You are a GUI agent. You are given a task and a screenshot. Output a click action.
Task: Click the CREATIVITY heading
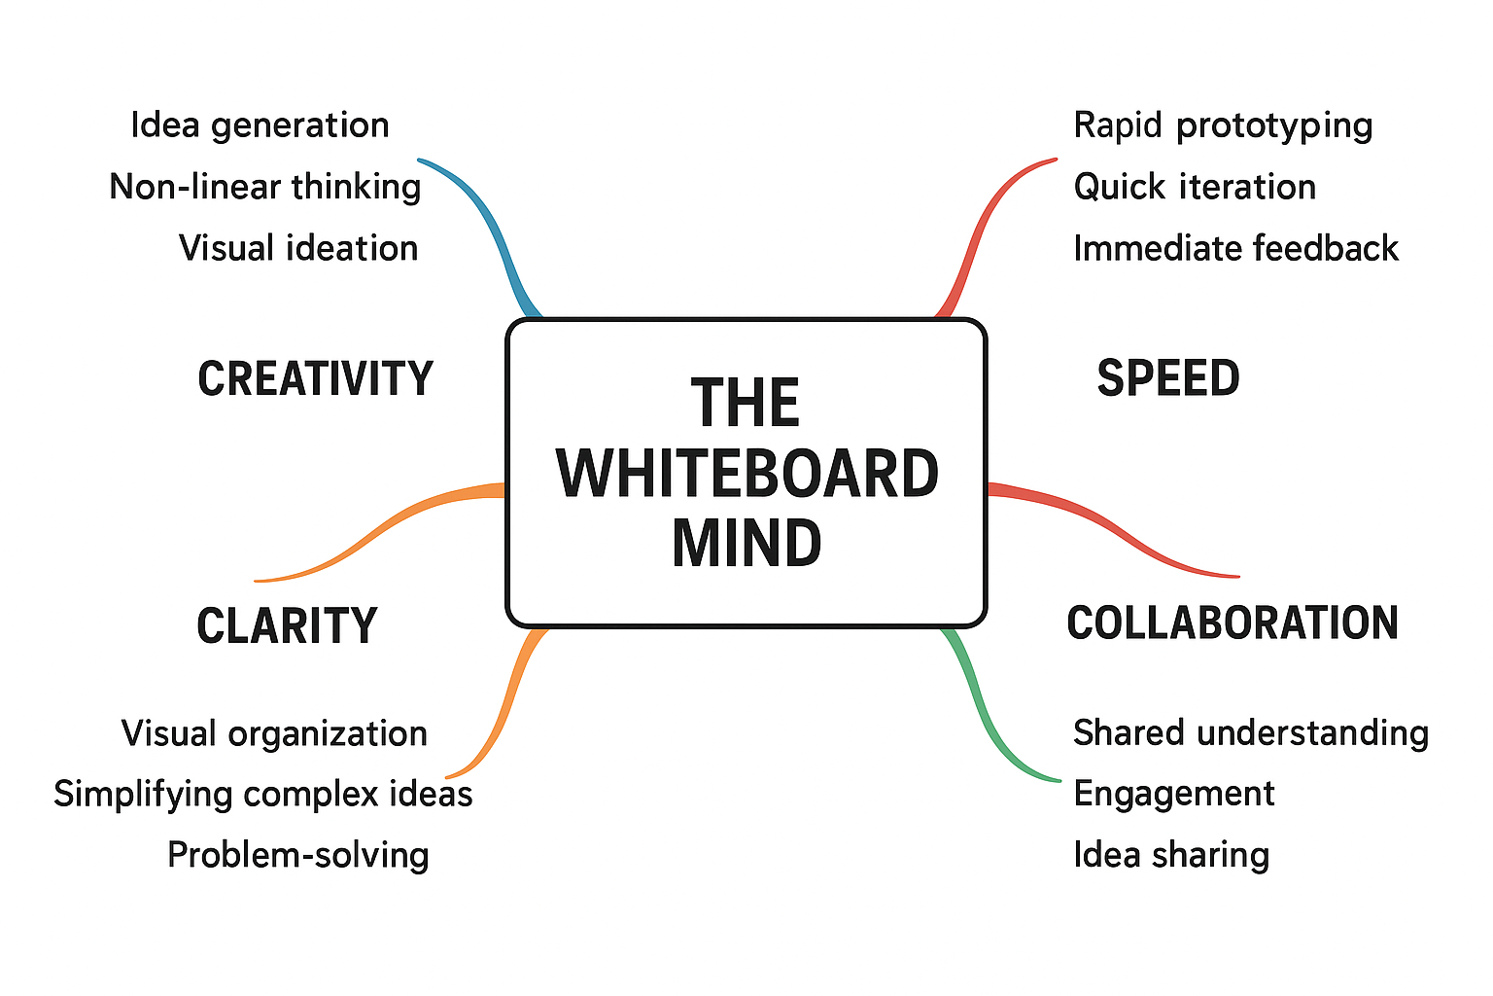tap(315, 378)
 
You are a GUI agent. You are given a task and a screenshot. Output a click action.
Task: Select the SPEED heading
tap(1167, 378)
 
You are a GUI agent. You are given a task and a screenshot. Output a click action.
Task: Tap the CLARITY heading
tap(287, 625)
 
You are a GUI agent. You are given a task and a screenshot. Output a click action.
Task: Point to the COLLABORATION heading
tap(1233, 622)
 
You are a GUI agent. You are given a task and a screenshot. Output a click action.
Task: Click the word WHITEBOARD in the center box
tap(746, 474)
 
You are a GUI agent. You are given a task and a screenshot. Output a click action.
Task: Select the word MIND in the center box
tap(746, 543)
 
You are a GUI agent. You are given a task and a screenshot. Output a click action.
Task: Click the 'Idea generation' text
tap(260, 125)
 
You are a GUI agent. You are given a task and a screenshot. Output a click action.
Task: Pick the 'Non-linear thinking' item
tap(264, 187)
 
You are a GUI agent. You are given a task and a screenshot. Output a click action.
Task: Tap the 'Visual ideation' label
tap(298, 248)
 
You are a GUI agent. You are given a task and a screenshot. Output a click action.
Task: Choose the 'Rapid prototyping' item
tap(1223, 125)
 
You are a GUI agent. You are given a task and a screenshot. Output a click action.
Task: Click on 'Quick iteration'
tap(1195, 187)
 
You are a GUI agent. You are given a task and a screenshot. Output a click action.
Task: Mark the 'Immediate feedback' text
tap(1235, 248)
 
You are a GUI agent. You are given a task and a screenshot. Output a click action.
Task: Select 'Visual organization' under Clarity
tap(274, 733)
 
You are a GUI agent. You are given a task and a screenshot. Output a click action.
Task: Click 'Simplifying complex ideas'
tap(262, 794)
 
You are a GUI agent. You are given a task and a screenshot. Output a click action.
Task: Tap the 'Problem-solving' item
tap(297, 855)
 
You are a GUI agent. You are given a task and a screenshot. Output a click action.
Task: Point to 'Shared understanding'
tap(1250, 732)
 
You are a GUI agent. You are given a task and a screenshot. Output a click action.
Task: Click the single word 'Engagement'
tap(1173, 794)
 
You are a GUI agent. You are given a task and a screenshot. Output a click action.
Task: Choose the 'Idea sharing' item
tap(1171, 855)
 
